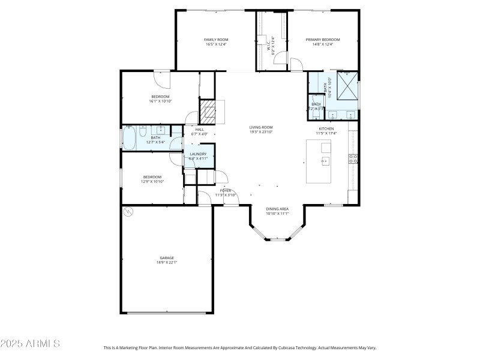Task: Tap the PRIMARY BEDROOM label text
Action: pos(323,40)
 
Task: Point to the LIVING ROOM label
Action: pos(261,127)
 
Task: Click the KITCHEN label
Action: pos(326,128)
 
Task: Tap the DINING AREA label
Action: pos(277,209)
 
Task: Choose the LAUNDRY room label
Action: pos(198,154)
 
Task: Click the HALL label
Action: pos(199,130)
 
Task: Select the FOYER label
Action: pos(225,190)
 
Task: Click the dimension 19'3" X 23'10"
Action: pos(261,132)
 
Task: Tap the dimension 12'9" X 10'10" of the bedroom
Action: pos(152,181)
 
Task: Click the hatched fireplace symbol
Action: pos(207,112)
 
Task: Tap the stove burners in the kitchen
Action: pos(354,158)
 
